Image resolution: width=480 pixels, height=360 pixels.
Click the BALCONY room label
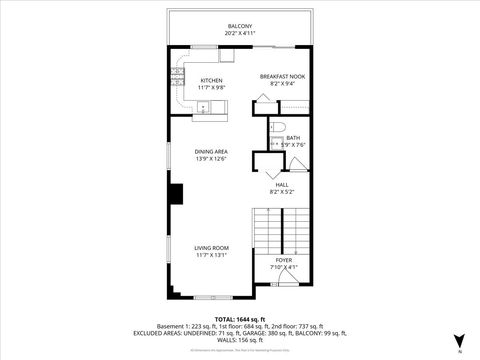[239, 26]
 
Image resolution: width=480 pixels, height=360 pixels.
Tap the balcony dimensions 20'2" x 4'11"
[239, 33]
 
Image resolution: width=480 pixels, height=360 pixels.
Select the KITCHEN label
[211, 80]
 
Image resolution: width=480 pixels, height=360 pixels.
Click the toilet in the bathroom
[280, 127]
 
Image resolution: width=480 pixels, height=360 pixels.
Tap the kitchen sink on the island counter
[203, 109]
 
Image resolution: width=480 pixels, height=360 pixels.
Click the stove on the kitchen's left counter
[177, 71]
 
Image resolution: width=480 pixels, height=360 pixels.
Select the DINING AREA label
[211, 151]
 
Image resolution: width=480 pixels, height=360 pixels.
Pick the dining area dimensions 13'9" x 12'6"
[211, 158]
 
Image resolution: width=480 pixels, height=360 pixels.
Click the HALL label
[283, 185]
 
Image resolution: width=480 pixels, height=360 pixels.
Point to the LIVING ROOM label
[211, 247]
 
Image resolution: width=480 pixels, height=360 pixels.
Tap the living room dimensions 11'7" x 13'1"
[211, 254]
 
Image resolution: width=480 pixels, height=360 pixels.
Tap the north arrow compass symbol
[459, 339]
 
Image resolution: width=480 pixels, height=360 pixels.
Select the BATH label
[293, 138]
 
